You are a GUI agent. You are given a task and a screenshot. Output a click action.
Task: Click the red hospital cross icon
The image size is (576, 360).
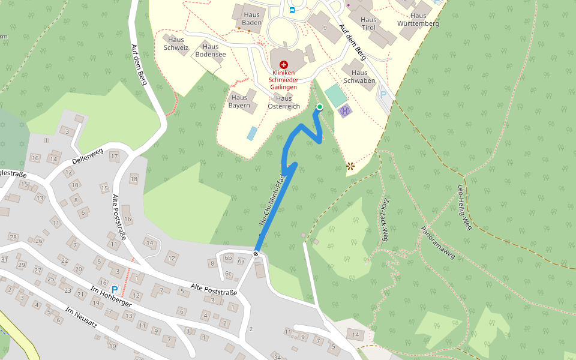[284, 64]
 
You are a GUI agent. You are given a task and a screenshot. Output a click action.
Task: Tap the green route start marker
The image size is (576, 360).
[319, 107]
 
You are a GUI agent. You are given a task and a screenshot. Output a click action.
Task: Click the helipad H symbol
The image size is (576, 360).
[345, 111]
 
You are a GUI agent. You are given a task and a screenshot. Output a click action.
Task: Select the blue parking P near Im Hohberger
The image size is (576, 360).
[115, 290]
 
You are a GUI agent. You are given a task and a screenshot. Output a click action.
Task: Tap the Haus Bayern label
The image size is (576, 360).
[239, 101]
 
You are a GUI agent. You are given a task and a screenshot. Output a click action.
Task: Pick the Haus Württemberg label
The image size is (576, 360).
[418, 20]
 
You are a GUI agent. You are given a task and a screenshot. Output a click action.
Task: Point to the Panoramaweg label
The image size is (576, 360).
[437, 243]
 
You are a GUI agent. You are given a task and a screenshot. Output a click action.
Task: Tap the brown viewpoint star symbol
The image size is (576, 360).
[350, 166]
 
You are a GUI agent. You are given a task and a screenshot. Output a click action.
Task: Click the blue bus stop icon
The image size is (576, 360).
[292, 10]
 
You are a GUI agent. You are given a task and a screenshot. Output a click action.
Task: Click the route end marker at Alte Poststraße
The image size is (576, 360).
[256, 254]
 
